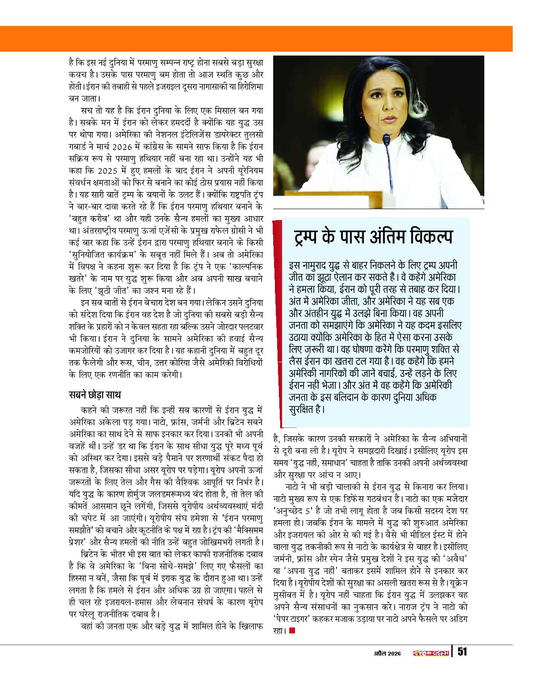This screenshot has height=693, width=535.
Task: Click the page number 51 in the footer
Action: (x=462, y=651)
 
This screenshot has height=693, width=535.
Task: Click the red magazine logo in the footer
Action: (x=431, y=652)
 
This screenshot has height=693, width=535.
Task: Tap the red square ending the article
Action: (x=292, y=630)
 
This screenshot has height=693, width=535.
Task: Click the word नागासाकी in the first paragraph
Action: (x=205, y=87)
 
